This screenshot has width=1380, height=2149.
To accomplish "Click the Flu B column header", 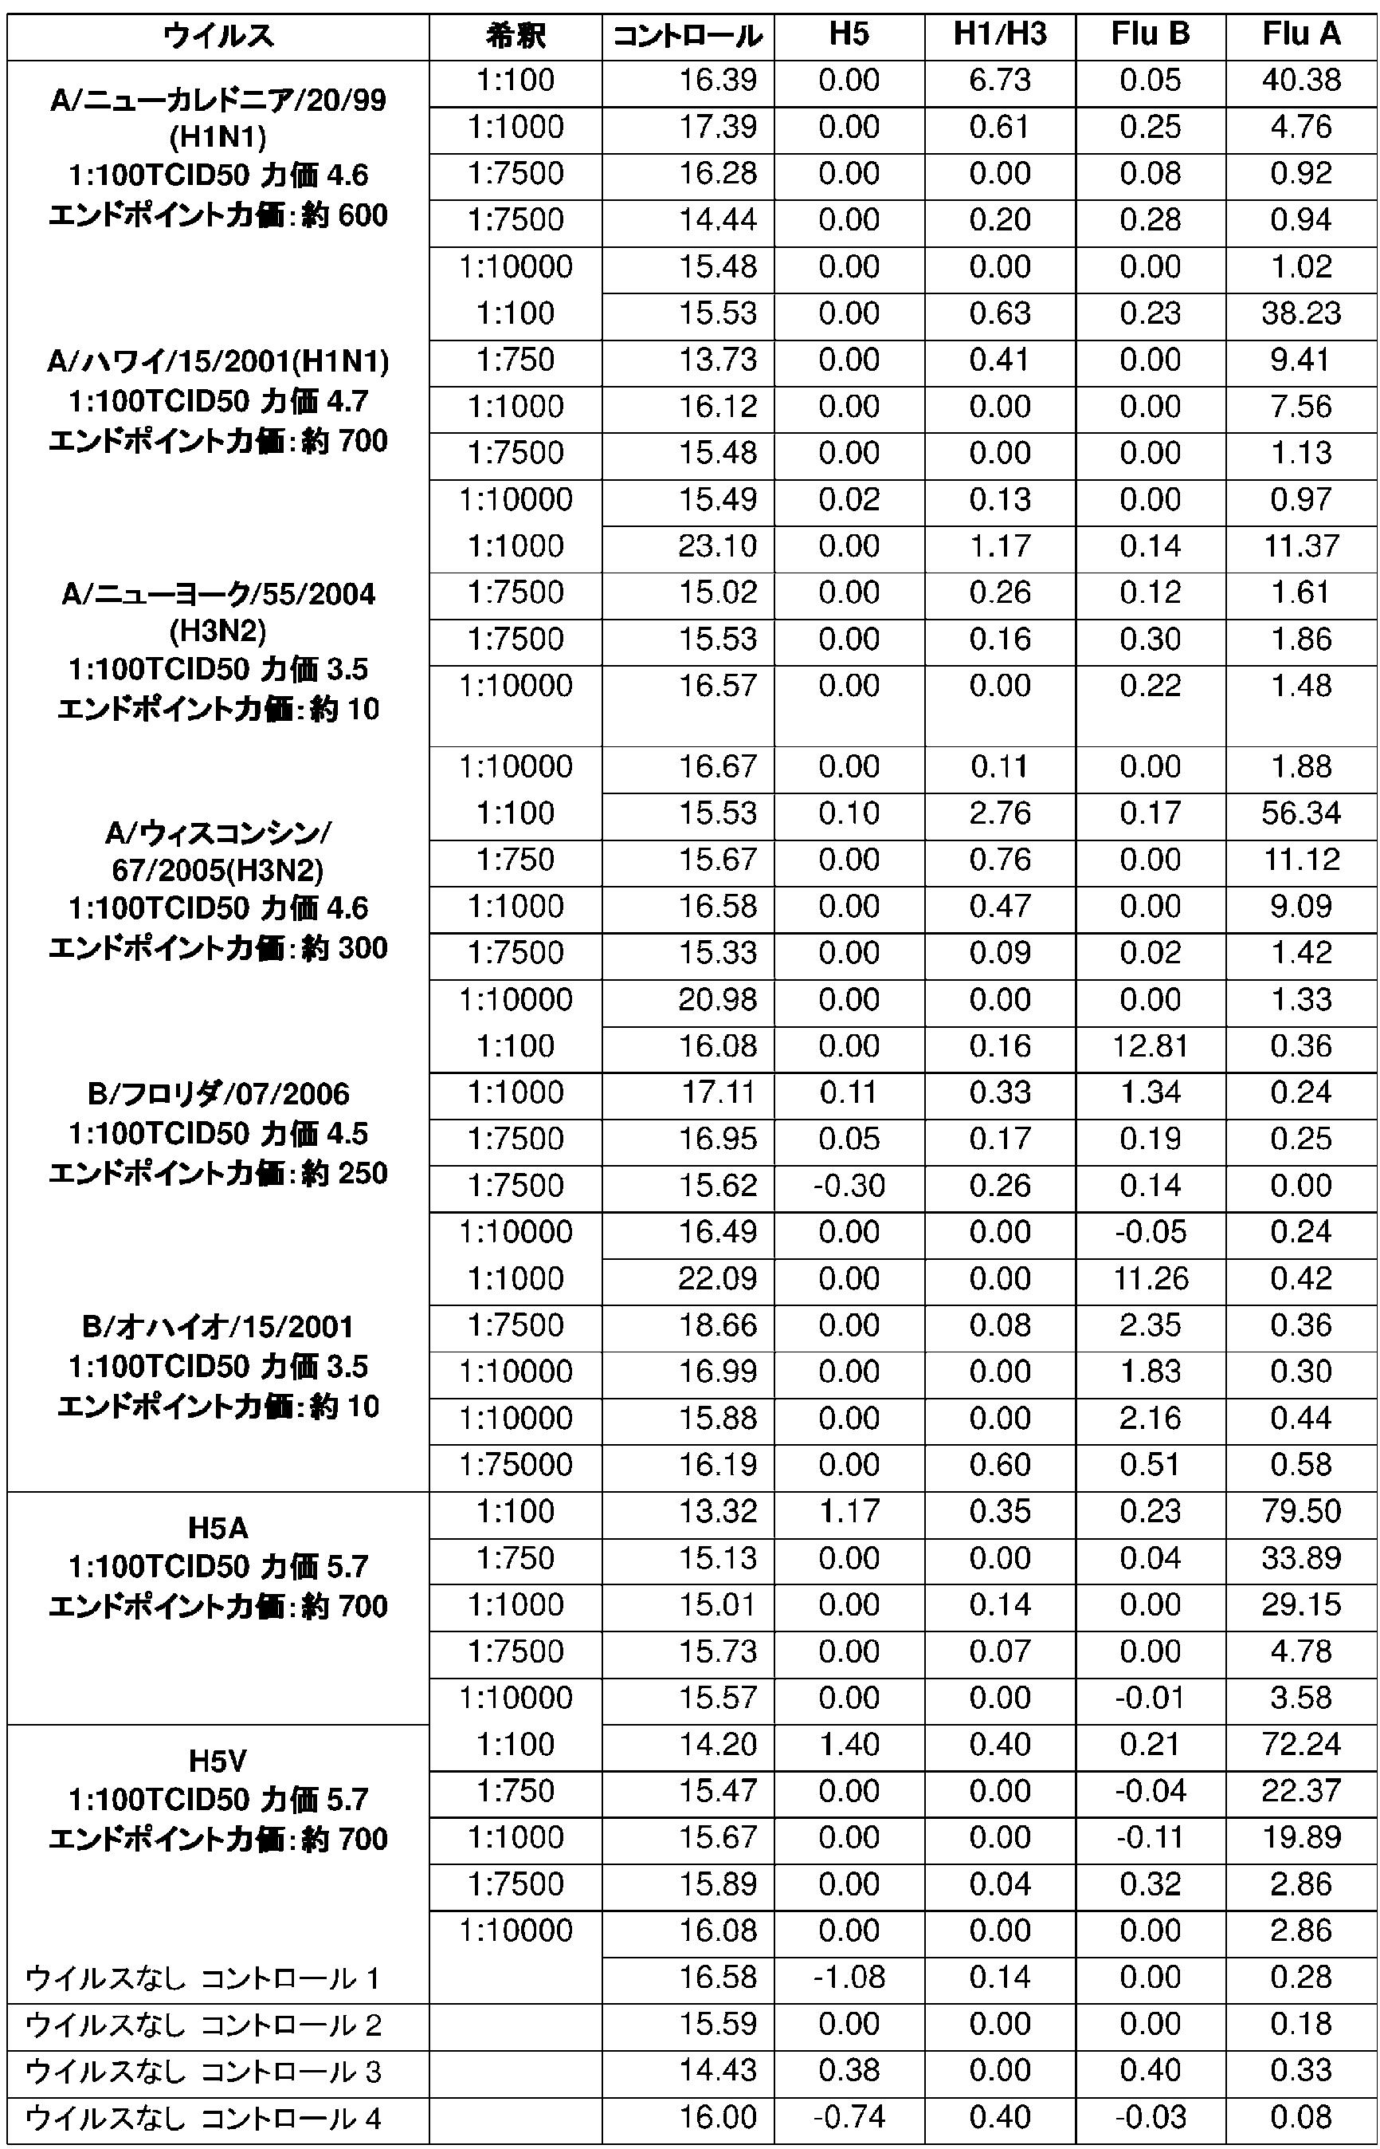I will coord(1150,35).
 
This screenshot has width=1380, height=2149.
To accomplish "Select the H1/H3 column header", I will coord(999,35).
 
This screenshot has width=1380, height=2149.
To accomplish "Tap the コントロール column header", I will coord(688,37).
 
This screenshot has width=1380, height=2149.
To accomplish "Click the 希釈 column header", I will coord(516,37).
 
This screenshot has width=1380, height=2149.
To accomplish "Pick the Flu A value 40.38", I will coord(1301,81).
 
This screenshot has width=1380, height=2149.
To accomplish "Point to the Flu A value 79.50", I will coord(1301,1510).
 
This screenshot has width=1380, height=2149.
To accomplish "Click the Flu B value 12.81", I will coord(1150,1045).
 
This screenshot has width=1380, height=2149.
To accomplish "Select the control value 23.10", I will coord(717,546).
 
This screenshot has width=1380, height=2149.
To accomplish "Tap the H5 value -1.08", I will coord(849,1977).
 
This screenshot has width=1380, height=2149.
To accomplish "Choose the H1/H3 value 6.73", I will coord(999,81).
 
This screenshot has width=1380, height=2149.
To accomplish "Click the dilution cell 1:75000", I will coord(516,1465).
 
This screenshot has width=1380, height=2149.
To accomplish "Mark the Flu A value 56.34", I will coord(1301,813).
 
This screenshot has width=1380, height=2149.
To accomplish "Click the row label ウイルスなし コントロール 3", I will coord(203,2071).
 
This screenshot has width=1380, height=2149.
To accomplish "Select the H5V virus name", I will coord(217,1761).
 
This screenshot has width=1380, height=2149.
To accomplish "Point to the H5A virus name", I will coord(217,1528).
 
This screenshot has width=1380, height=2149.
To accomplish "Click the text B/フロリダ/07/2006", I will coord(218,1094).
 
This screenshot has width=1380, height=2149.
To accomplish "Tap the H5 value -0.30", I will coord(849,1185).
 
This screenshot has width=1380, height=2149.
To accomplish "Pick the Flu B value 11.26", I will coord(1150,1278).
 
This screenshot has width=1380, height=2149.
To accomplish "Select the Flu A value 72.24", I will coord(1301,1744).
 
